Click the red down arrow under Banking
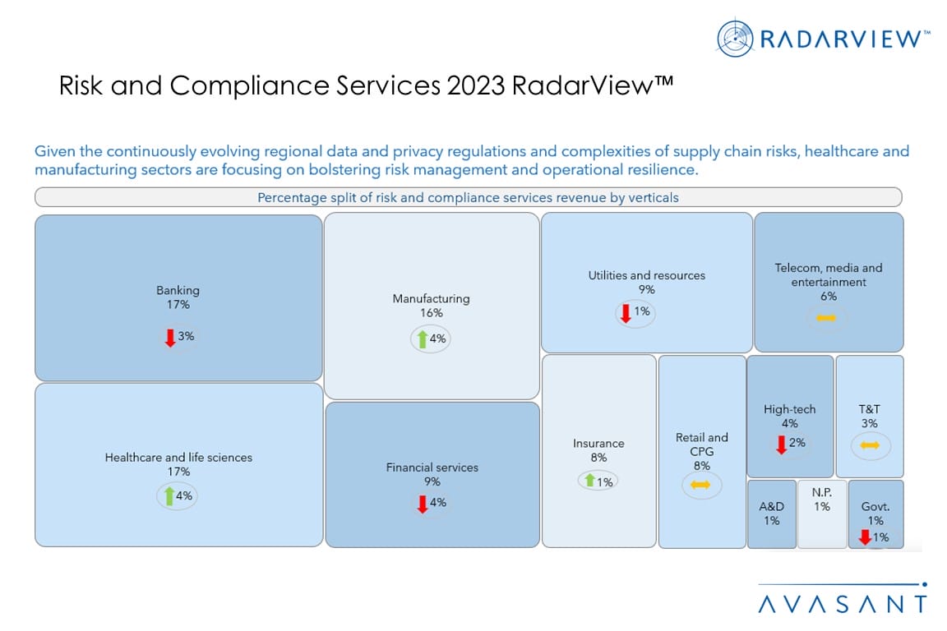(170, 337)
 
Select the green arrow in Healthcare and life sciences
(169, 495)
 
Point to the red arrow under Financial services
(423, 503)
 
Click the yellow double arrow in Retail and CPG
(700, 486)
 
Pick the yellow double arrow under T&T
(870, 445)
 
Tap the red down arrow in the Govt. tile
(865, 537)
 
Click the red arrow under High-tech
(781, 444)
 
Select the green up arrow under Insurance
(589, 481)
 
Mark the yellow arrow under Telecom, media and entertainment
(826, 318)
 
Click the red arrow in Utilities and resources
(625, 313)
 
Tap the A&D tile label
(771, 507)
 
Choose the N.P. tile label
(821, 493)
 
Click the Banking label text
(178, 290)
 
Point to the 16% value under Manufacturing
(431, 313)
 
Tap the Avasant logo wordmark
(843, 604)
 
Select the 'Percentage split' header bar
(468, 197)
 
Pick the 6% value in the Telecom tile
(828, 297)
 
